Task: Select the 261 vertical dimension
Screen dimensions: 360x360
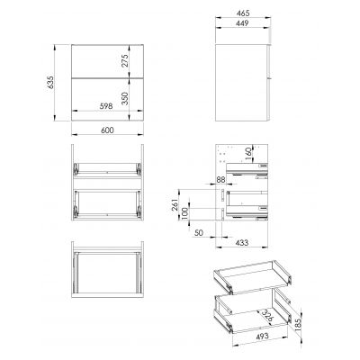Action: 173,208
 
